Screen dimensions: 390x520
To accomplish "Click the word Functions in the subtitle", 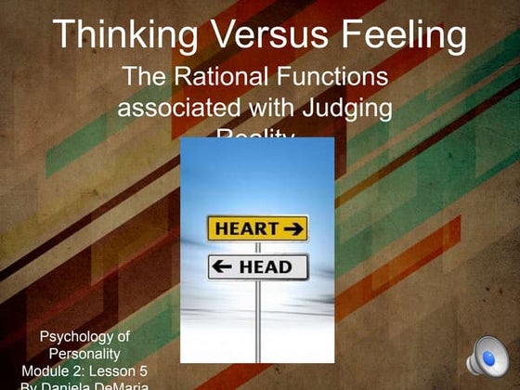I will [333, 75].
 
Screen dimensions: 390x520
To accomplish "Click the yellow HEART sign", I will [256, 228].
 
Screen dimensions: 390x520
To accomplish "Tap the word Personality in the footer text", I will [84, 354].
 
